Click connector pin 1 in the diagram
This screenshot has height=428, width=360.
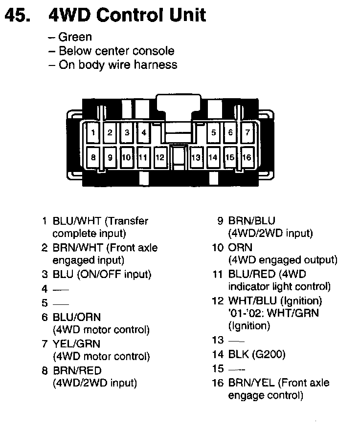(x=93, y=132)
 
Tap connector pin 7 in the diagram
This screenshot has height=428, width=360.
(x=247, y=132)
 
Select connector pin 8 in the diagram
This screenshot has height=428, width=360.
(x=93, y=157)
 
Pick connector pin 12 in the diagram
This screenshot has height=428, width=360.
(x=160, y=157)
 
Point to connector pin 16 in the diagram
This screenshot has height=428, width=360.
(x=247, y=157)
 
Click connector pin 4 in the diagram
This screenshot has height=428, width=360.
(x=143, y=132)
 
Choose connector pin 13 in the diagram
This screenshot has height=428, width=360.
(x=196, y=157)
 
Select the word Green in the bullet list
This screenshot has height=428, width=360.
(x=75, y=37)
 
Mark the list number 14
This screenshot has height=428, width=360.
(x=218, y=354)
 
